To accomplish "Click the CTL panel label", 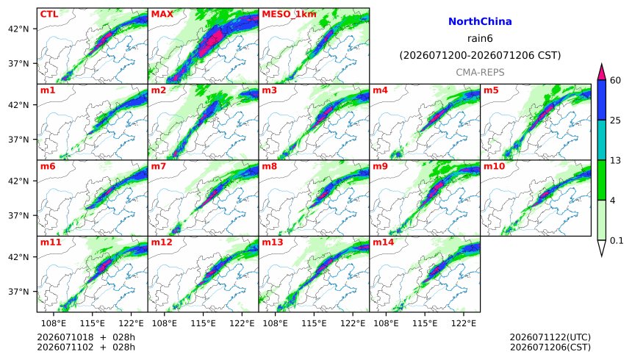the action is click(x=49, y=14).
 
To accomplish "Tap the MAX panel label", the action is click(x=162, y=14).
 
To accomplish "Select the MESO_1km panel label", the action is click(x=289, y=14).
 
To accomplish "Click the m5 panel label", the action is click(x=491, y=90).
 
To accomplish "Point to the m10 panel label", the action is click(x=494, y=166).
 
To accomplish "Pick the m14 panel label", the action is click(x=384, y=242).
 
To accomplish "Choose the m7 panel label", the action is click(x=159, y=166).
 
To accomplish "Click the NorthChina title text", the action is click(x=480, y=21).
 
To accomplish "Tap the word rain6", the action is click(x=480, y=38).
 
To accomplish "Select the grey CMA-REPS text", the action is click(x=480, y=72).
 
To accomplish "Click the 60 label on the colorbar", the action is click(x=615, y=80).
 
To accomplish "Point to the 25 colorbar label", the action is click(x=615, y=120).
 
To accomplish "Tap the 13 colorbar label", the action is click(x=615, y=160).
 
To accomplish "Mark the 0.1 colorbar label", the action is click(x=617, y=241).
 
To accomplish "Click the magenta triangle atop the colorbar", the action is click(x=602, y=73).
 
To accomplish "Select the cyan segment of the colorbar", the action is click(x=602, y=140).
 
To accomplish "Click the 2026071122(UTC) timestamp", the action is click(x=550, y=337).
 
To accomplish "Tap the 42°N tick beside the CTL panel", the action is click(x=18, y=29).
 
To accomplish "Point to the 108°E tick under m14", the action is click(x=386, y=323).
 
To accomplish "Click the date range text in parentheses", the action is click(x=480, y=55).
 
